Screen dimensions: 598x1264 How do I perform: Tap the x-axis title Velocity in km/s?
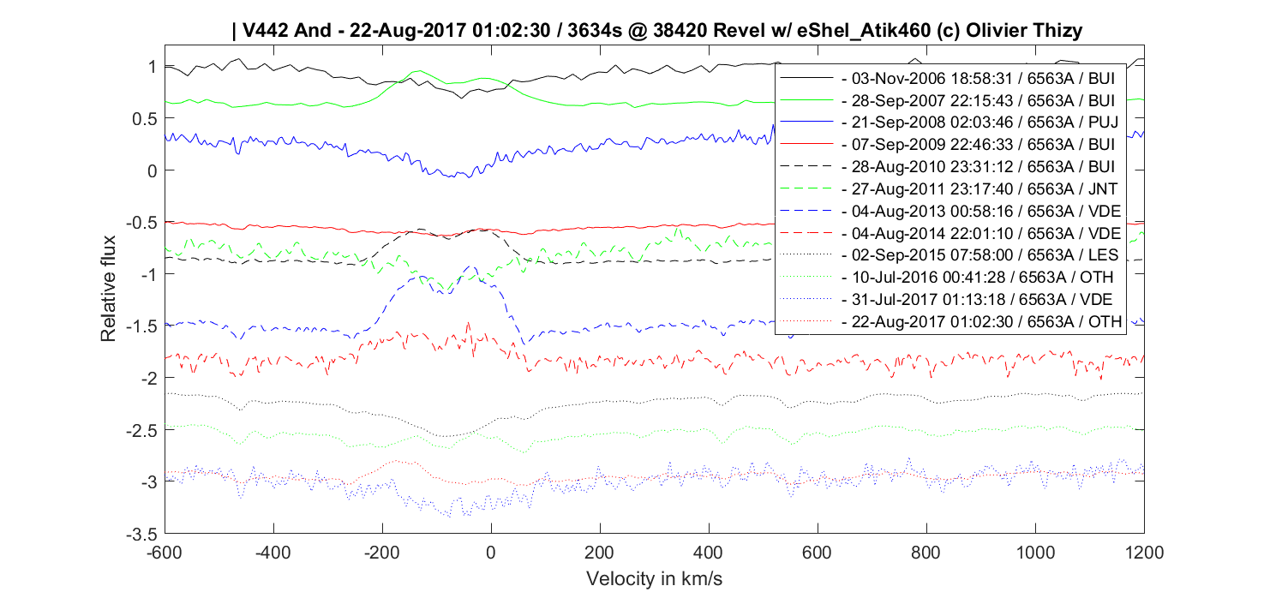coord(655,579)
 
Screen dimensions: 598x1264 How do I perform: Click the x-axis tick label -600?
coord(164,552)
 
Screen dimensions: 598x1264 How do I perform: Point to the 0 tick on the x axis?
coord(490,552)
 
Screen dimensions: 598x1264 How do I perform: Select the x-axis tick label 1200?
coord(1144,552)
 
